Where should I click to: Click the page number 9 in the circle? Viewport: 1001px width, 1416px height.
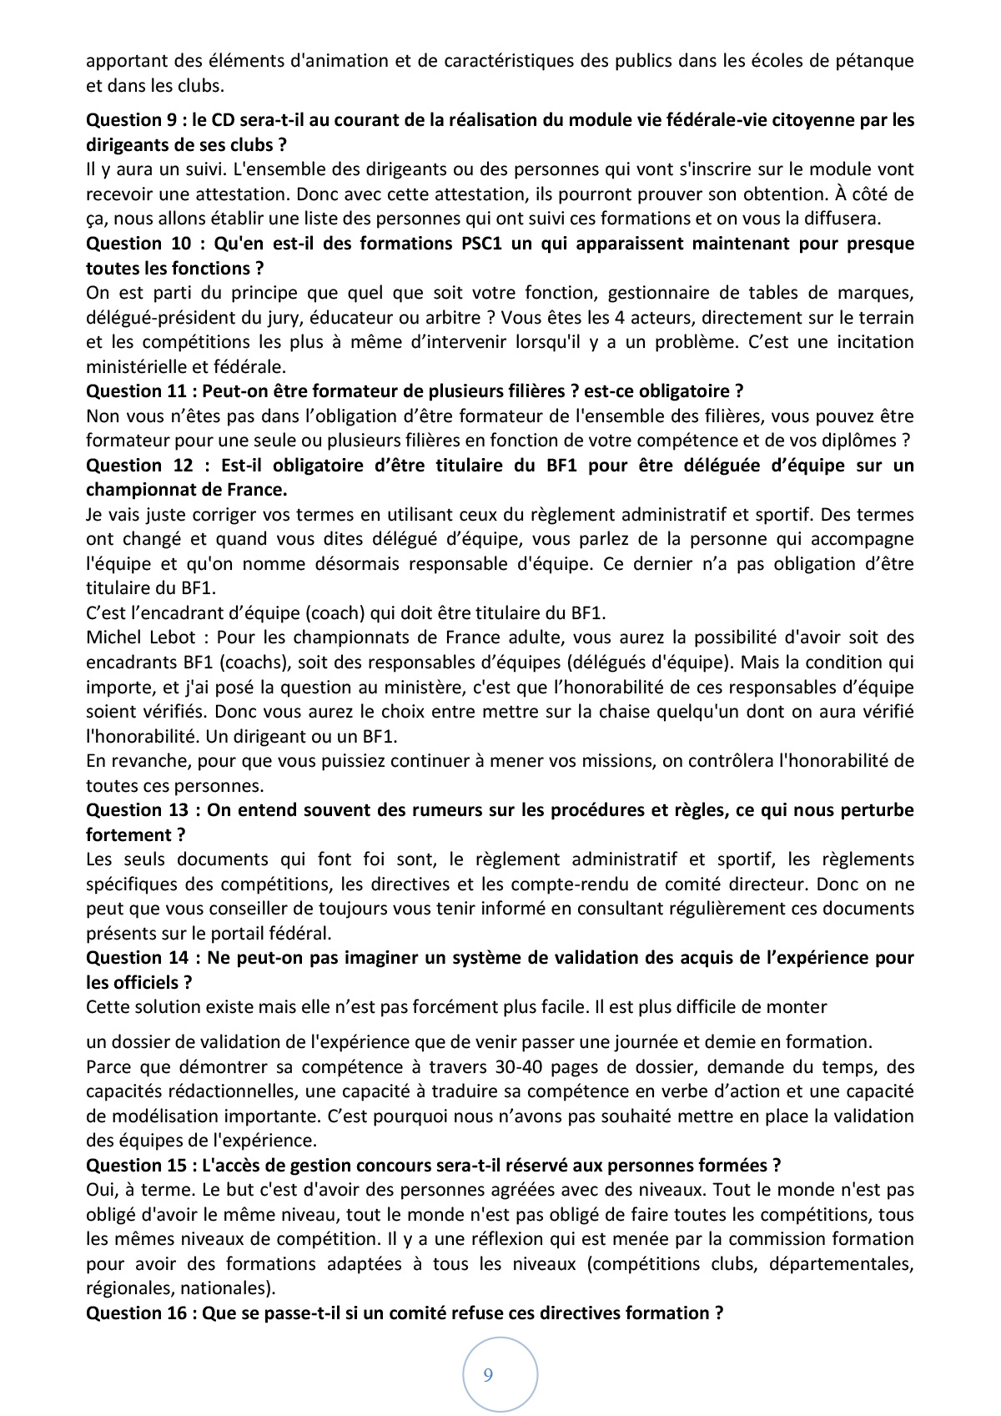(x=488, y=1374)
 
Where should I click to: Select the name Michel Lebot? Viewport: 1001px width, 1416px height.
(x=139, y=637)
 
